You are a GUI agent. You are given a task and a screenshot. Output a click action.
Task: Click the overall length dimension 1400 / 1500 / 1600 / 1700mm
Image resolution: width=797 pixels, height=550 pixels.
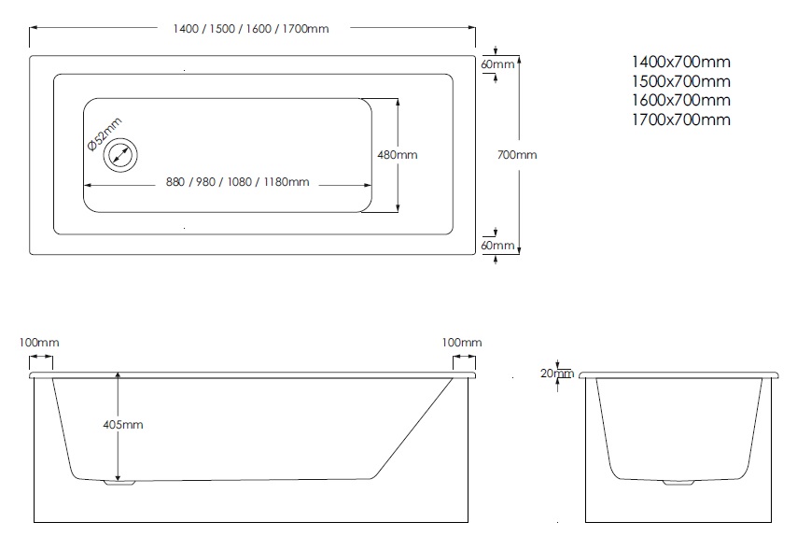(x=251, y=29)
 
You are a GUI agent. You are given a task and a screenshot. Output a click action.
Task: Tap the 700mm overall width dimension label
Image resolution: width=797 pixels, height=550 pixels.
(x=518, y=155)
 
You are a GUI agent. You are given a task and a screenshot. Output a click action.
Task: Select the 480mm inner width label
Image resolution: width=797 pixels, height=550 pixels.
(x=397, y=155)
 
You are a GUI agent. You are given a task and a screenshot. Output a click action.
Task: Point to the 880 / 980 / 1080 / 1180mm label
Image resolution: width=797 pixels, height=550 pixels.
(x=238, y=181)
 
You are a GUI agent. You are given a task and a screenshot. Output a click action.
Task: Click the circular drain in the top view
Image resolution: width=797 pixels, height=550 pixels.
(x=120, y=154)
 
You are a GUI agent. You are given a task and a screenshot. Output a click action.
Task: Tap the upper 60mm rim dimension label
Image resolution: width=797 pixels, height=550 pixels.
(x=497, y=64)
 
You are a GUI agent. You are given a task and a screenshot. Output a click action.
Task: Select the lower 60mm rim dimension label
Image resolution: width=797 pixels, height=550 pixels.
(x=497, y=246)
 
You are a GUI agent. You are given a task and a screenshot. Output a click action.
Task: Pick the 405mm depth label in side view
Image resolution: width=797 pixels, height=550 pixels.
(x=122, y=424)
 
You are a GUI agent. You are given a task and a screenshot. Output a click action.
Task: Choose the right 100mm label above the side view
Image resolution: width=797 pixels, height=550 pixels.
(x=461, y=343)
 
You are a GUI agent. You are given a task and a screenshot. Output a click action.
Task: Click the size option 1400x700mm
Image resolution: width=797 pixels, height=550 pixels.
(x=680, y=63)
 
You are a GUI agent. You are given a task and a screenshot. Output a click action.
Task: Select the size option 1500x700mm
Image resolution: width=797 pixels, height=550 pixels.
(x=680, y=81)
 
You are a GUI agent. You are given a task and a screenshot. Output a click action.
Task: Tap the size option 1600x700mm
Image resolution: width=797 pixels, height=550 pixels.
(x=680, y=100)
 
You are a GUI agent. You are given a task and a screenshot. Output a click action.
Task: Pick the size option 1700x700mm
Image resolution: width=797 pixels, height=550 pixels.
(x=680, y=120)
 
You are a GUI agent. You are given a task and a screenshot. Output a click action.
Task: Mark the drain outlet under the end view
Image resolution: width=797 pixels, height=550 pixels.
(x=677, y=483)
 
